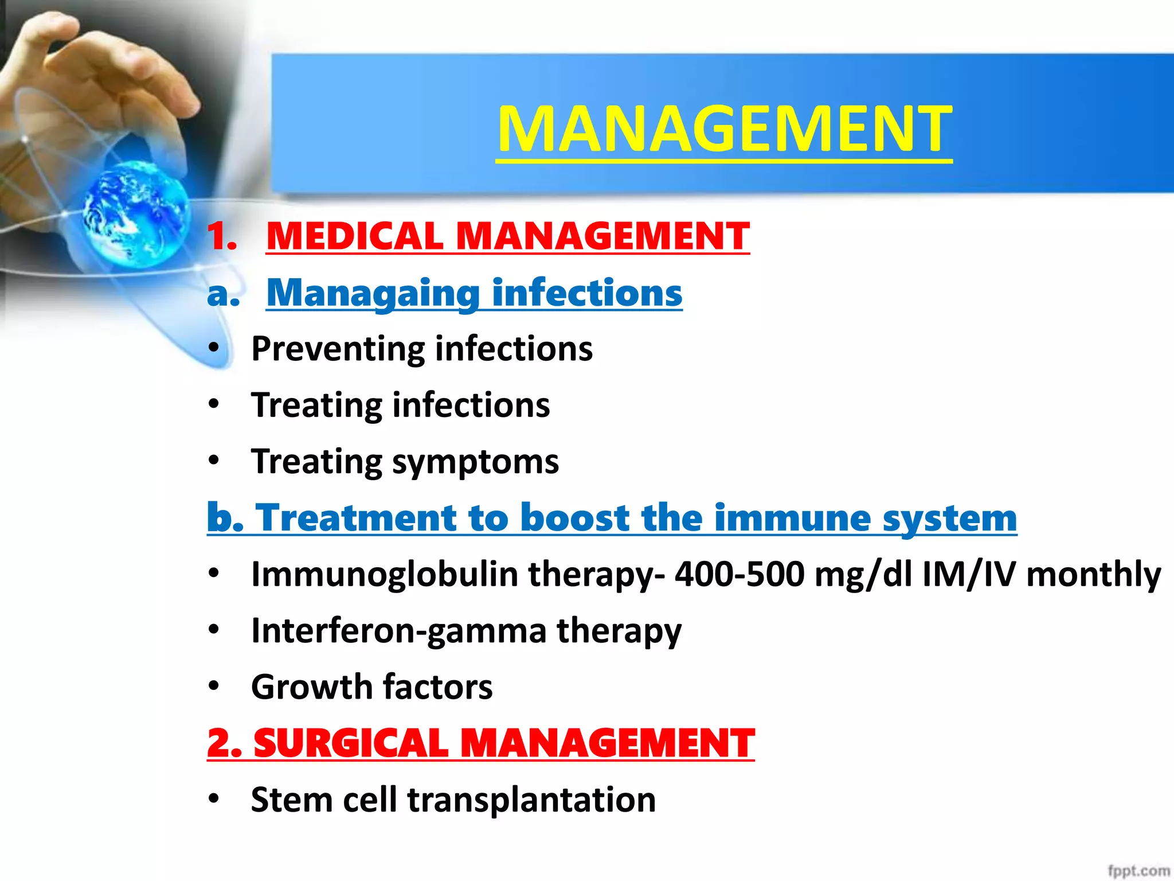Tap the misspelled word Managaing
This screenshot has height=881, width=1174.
click(373, 293)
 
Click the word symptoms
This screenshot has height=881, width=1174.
click(475, 462)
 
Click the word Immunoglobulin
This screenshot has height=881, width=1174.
click(385, 574)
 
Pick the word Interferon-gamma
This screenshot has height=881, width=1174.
click(398, 631)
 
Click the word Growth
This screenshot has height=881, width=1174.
click(312, 687)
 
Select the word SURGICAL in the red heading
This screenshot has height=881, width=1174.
click(351, 743)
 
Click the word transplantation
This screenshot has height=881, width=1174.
click(531, 800)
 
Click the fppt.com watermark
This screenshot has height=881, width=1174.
click(1138, 871)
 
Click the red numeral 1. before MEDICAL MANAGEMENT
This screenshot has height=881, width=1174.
click(222, 236)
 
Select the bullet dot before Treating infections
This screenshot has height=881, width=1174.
click(214, 405)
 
